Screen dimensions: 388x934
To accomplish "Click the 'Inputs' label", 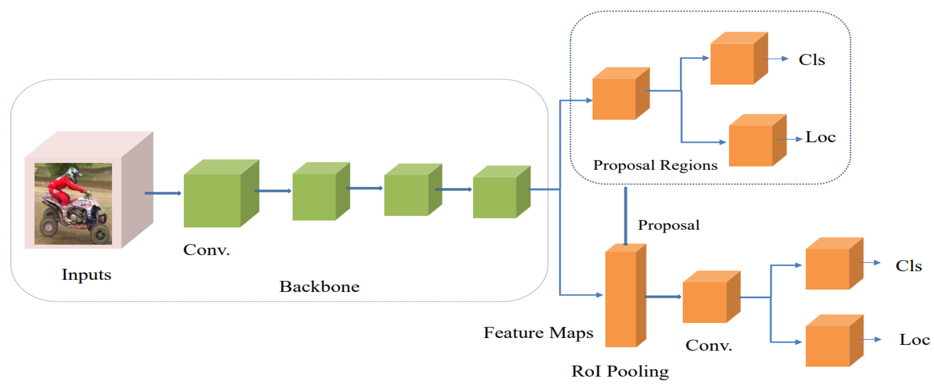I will (x=86, y=275).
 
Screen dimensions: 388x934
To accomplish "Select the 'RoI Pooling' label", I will (x=620, y=371).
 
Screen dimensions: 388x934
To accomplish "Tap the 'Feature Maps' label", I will (x=538, y=333).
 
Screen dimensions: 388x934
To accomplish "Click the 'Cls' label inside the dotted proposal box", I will (x=811, y=60).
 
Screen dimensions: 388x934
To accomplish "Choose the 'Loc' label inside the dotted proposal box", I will (x=820, y=137).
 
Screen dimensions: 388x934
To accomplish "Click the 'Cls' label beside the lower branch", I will (x=908, y=266).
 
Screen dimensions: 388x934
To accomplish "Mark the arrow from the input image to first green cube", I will (x=163, y=193).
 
